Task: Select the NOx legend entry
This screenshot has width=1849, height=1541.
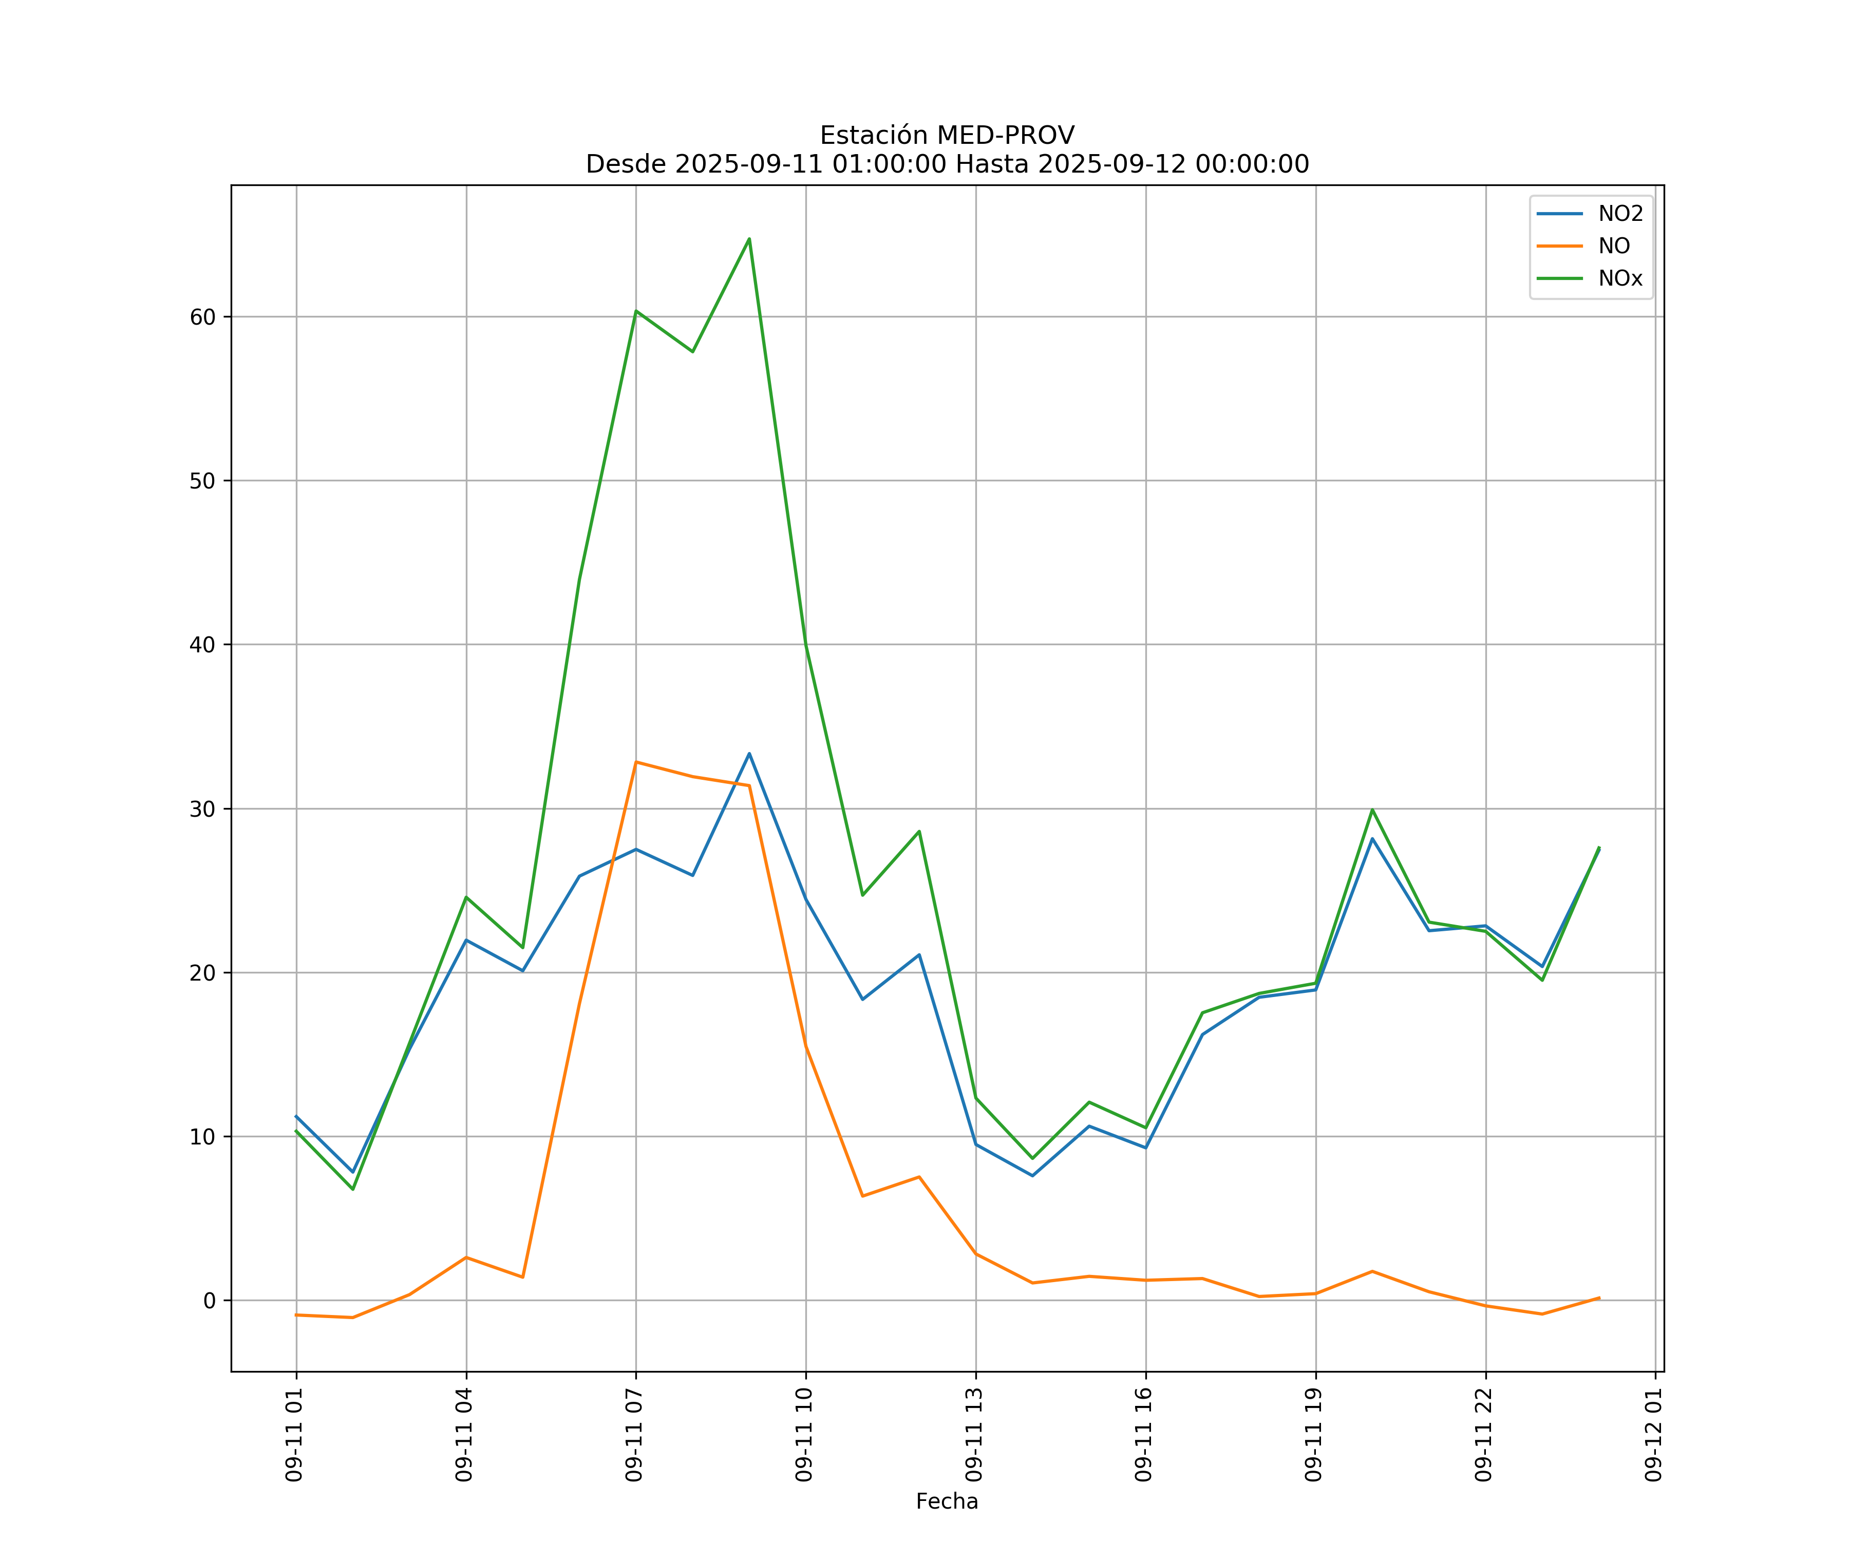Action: click(1620, 279)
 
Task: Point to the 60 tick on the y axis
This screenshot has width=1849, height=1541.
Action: click(202, 317)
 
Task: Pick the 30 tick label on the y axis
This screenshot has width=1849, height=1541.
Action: click(202, 809)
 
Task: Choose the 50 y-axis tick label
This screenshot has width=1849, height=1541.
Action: click(202, 481)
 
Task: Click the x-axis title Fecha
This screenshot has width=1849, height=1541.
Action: click(947, 1501)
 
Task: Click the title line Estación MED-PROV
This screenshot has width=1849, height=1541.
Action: click(947, 136)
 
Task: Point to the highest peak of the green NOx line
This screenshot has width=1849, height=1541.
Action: click(749, 239)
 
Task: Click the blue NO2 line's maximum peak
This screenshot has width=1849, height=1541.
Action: click(749, 754)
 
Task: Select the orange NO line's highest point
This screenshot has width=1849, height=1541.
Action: click(636, 762)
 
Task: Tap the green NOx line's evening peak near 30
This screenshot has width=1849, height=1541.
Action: click(1372, 809)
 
